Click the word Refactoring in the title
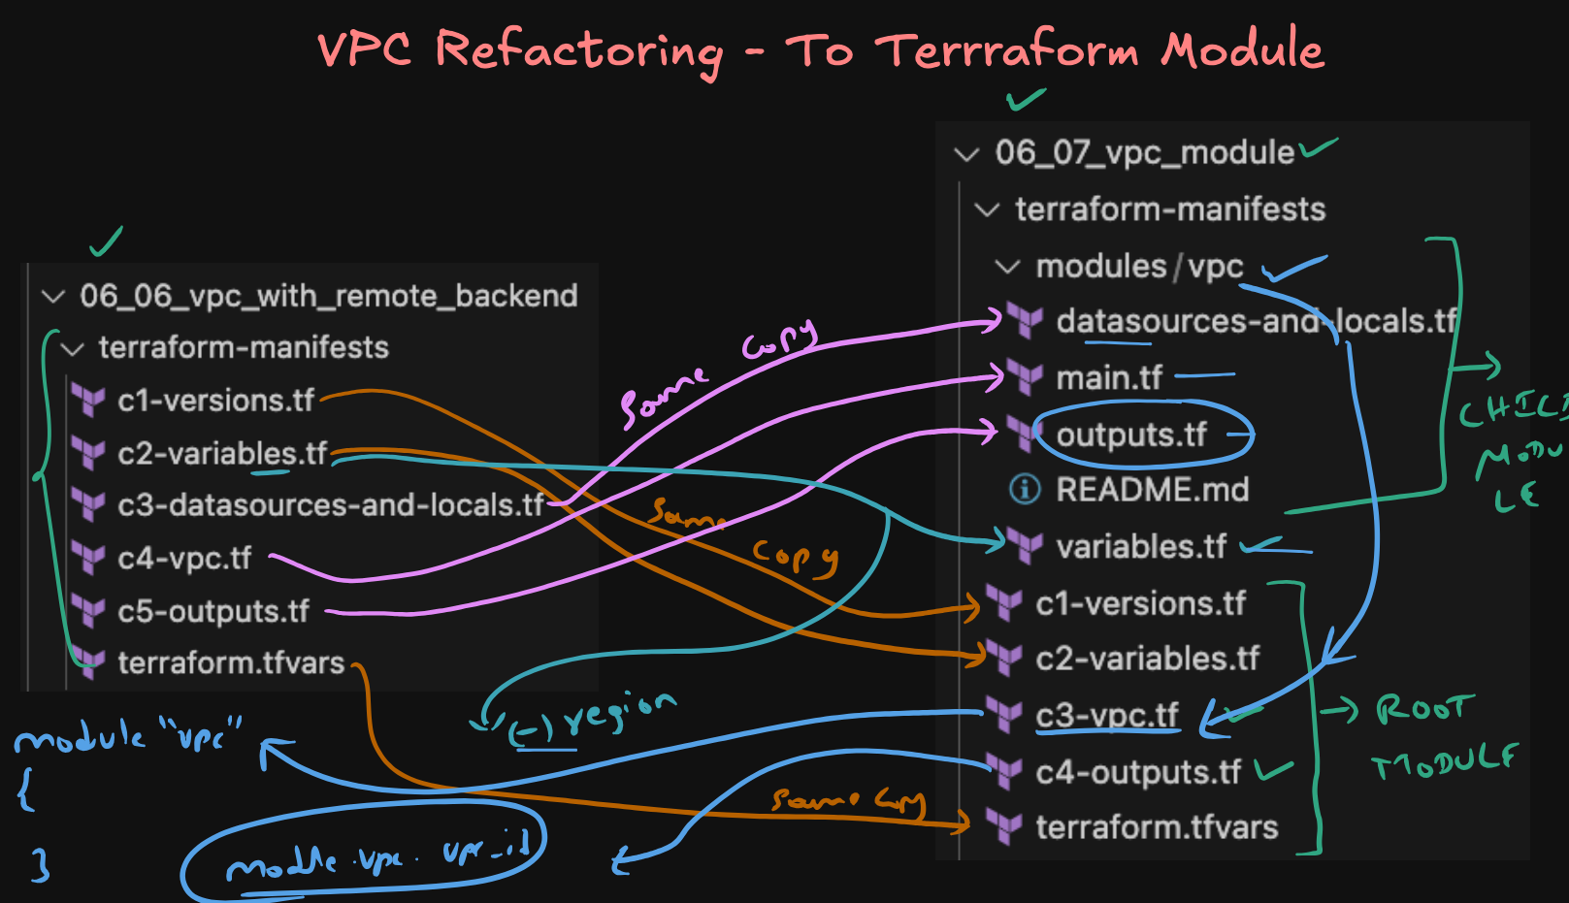(578, 50)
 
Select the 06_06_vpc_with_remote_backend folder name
(328, 296)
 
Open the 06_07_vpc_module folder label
(1144, 152)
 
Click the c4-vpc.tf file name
(184, 559)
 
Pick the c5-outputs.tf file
(213, 612)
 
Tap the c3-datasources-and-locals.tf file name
(330, 505)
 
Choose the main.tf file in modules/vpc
(1108, 377)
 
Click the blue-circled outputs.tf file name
(1130, 435)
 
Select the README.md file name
(1152, 490)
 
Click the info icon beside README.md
(1025, 489)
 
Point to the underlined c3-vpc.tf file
(1107, 716)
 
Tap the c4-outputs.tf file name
(1138, 772)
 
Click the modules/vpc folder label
(1139, 267)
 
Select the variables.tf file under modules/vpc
(1141, 547)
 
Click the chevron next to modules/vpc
(1008, 267)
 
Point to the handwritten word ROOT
(1425, 709)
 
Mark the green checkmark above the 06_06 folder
(106, 242)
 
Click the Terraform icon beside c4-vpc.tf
(88, 559)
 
